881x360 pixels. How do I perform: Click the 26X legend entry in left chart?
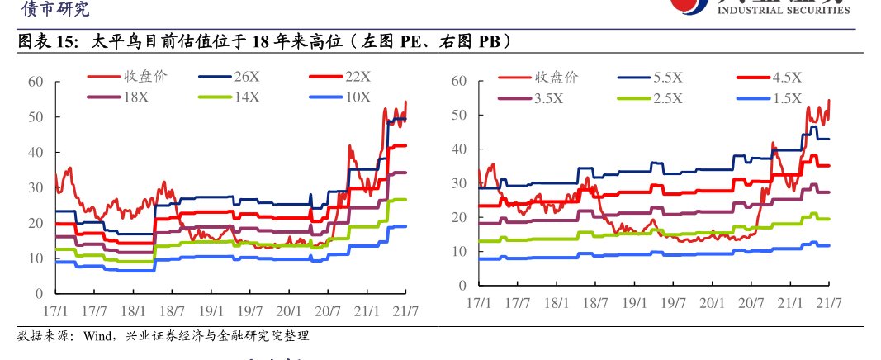[x=247, y=76]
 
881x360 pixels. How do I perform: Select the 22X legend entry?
[x=358, y=76]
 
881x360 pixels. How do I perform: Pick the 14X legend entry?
[x=247, y=97]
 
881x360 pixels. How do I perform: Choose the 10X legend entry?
[x=358, y=97]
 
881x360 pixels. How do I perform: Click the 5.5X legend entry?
[x=667, y=78]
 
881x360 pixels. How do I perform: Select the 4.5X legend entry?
[x=786, y=78]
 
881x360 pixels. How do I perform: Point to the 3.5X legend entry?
[x=548, y=98]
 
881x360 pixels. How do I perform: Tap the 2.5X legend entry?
[x=667, y=98]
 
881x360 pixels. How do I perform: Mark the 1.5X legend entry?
[x=786, y=98]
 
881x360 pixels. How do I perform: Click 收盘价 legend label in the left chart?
[x=145, y=76]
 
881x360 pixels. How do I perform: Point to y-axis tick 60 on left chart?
[x=35, y=81]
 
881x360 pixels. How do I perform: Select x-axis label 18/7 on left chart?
[x=172, y=311]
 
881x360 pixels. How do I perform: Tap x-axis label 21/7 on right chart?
[x=828, y=302]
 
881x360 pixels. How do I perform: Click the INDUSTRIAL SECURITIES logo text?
[x=784, y=11]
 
